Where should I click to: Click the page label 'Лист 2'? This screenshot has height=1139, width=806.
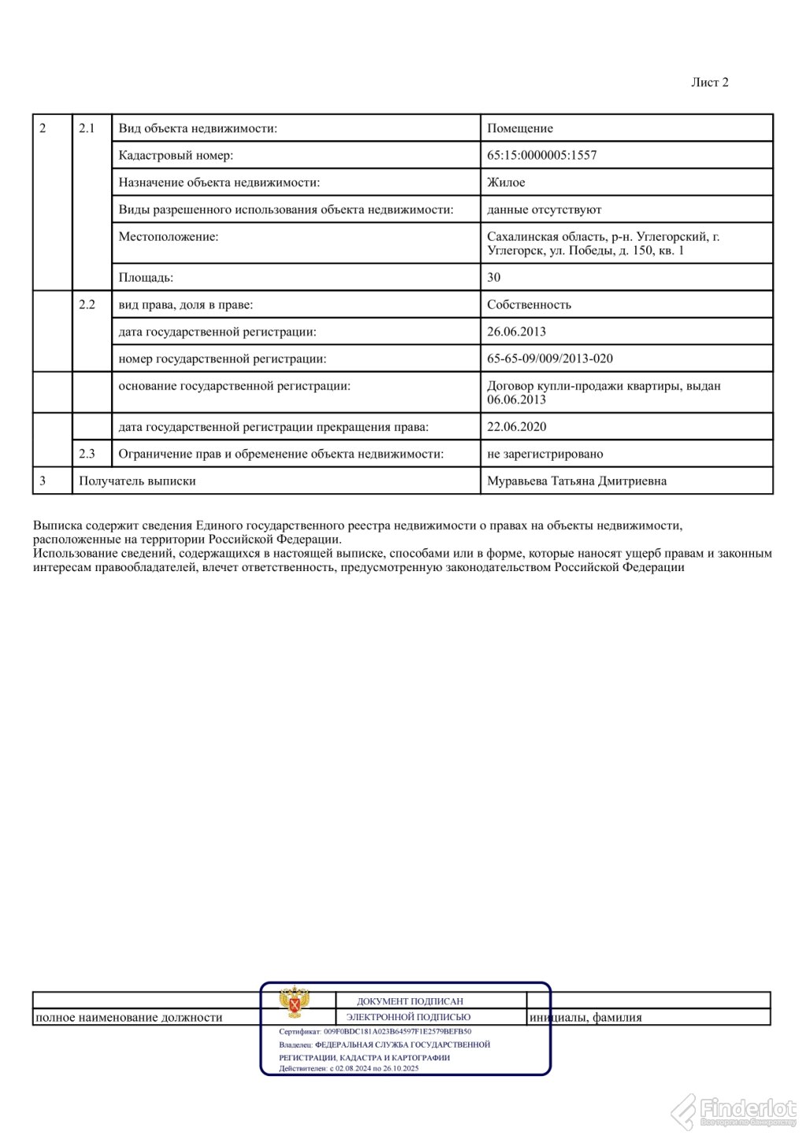[709, 83]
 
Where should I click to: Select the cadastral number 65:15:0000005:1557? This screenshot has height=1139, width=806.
[542, 156]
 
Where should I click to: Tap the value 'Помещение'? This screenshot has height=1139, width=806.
[519, 128]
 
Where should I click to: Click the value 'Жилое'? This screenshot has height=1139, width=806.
[505, 182]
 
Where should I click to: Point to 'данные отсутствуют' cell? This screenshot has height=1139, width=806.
[544, 210]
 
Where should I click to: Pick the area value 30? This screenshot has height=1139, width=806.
[494, 278]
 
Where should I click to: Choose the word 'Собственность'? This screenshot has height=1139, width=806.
[529, 305]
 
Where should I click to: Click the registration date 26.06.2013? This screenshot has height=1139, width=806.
[516, 332]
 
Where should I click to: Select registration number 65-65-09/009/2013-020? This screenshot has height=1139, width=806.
[549, 359]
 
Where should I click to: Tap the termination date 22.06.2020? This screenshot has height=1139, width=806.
[516, 427]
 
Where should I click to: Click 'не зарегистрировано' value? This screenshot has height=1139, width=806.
[545, 454]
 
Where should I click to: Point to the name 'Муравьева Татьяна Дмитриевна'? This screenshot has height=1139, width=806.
[576, 481]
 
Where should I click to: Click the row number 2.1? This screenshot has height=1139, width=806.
[87, 128]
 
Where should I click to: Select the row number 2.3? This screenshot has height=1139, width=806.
[87, 454]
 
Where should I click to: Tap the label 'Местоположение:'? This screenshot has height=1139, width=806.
[168, 237]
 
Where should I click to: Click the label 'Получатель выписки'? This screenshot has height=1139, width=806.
[137, 481]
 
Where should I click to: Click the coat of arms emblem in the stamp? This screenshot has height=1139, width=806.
[294, 1003]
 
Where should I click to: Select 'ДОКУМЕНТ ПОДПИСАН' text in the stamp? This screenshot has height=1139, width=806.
[409, 1001]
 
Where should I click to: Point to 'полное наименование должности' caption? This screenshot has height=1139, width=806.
[129, 1018]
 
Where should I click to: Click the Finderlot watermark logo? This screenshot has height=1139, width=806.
[733, 1110]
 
